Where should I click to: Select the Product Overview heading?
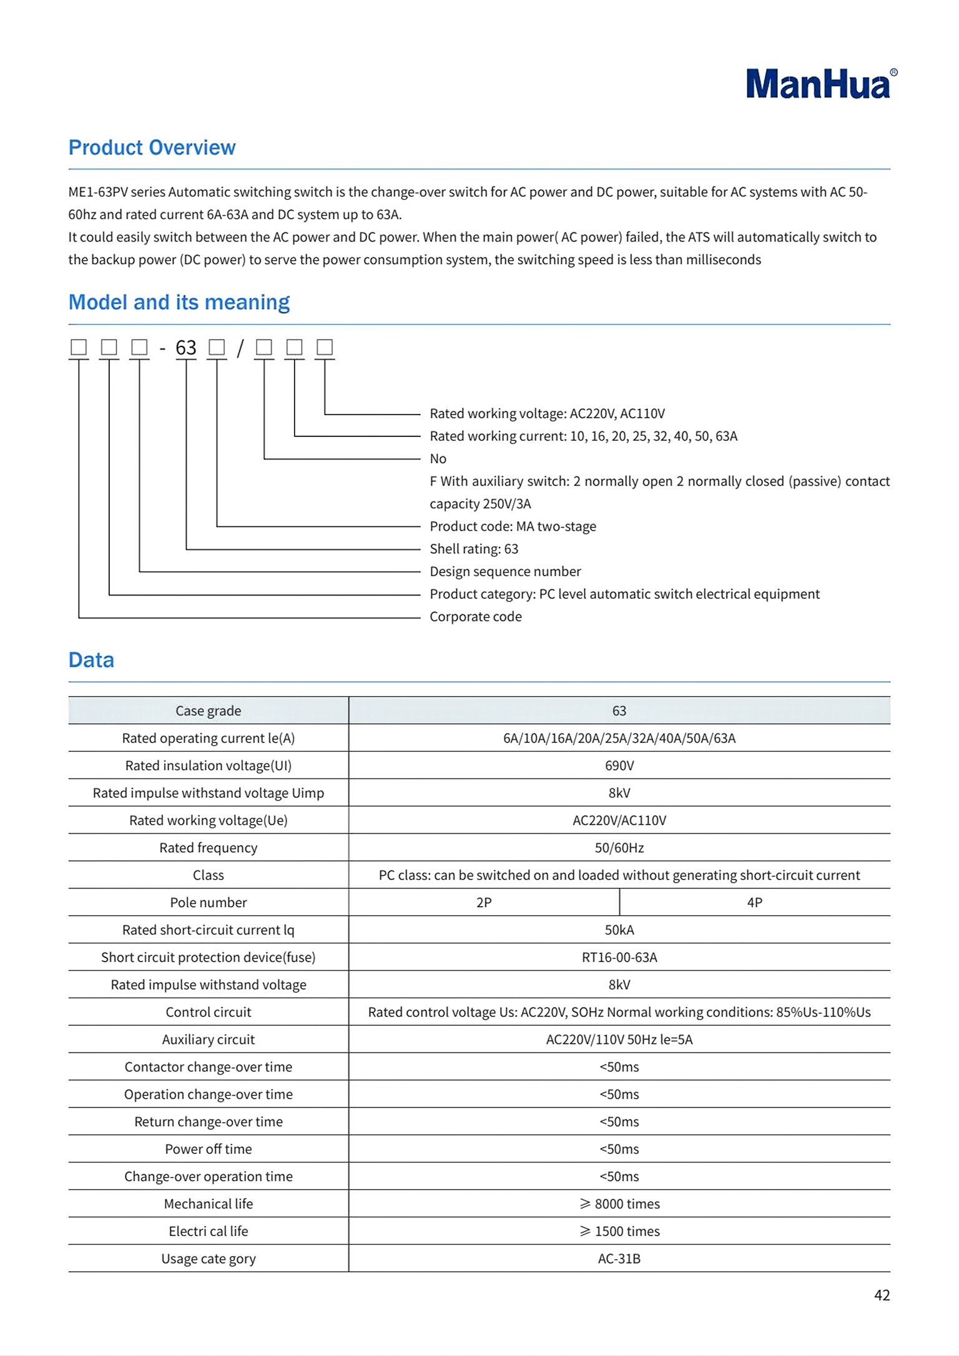tap(152, 147)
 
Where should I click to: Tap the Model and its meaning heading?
tap(179, 302)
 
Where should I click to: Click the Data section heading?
tap(91, 660)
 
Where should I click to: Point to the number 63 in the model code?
tap(186, 348)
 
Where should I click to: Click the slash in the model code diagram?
tap(240, 348)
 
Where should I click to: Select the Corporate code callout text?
tap(475, 617)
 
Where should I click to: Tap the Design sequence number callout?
tap(505, 571)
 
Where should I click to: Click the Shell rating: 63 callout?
tap(474, 549)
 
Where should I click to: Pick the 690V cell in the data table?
tap(619, 765)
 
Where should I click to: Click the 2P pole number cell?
tap(484, 902)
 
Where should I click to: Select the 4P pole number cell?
tap(754, 902)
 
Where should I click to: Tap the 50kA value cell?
tap(619, 930)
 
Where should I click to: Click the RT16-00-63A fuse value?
tap(619, 957)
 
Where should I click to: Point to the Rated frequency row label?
tap(208, 848)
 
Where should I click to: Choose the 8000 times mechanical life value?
tap(620, 1204)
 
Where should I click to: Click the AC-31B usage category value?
tap(619, 1259)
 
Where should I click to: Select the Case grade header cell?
tap(208, 710)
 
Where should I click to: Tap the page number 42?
tap(882, 1295)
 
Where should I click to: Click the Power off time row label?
tap(208, 1149)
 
